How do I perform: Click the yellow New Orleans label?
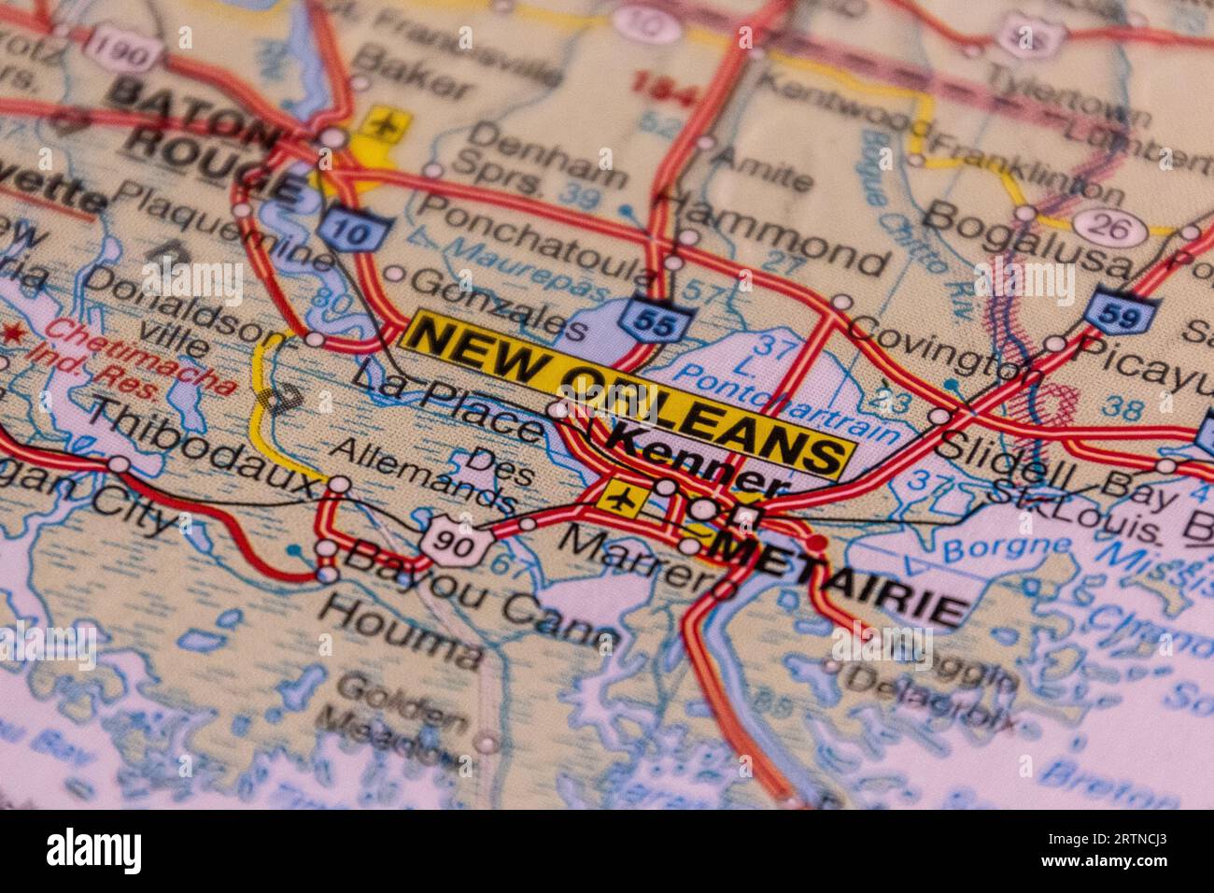(x=630, y=393)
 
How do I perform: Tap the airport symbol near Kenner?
(x=618, y=498)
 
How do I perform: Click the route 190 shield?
(x=123, y=53)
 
